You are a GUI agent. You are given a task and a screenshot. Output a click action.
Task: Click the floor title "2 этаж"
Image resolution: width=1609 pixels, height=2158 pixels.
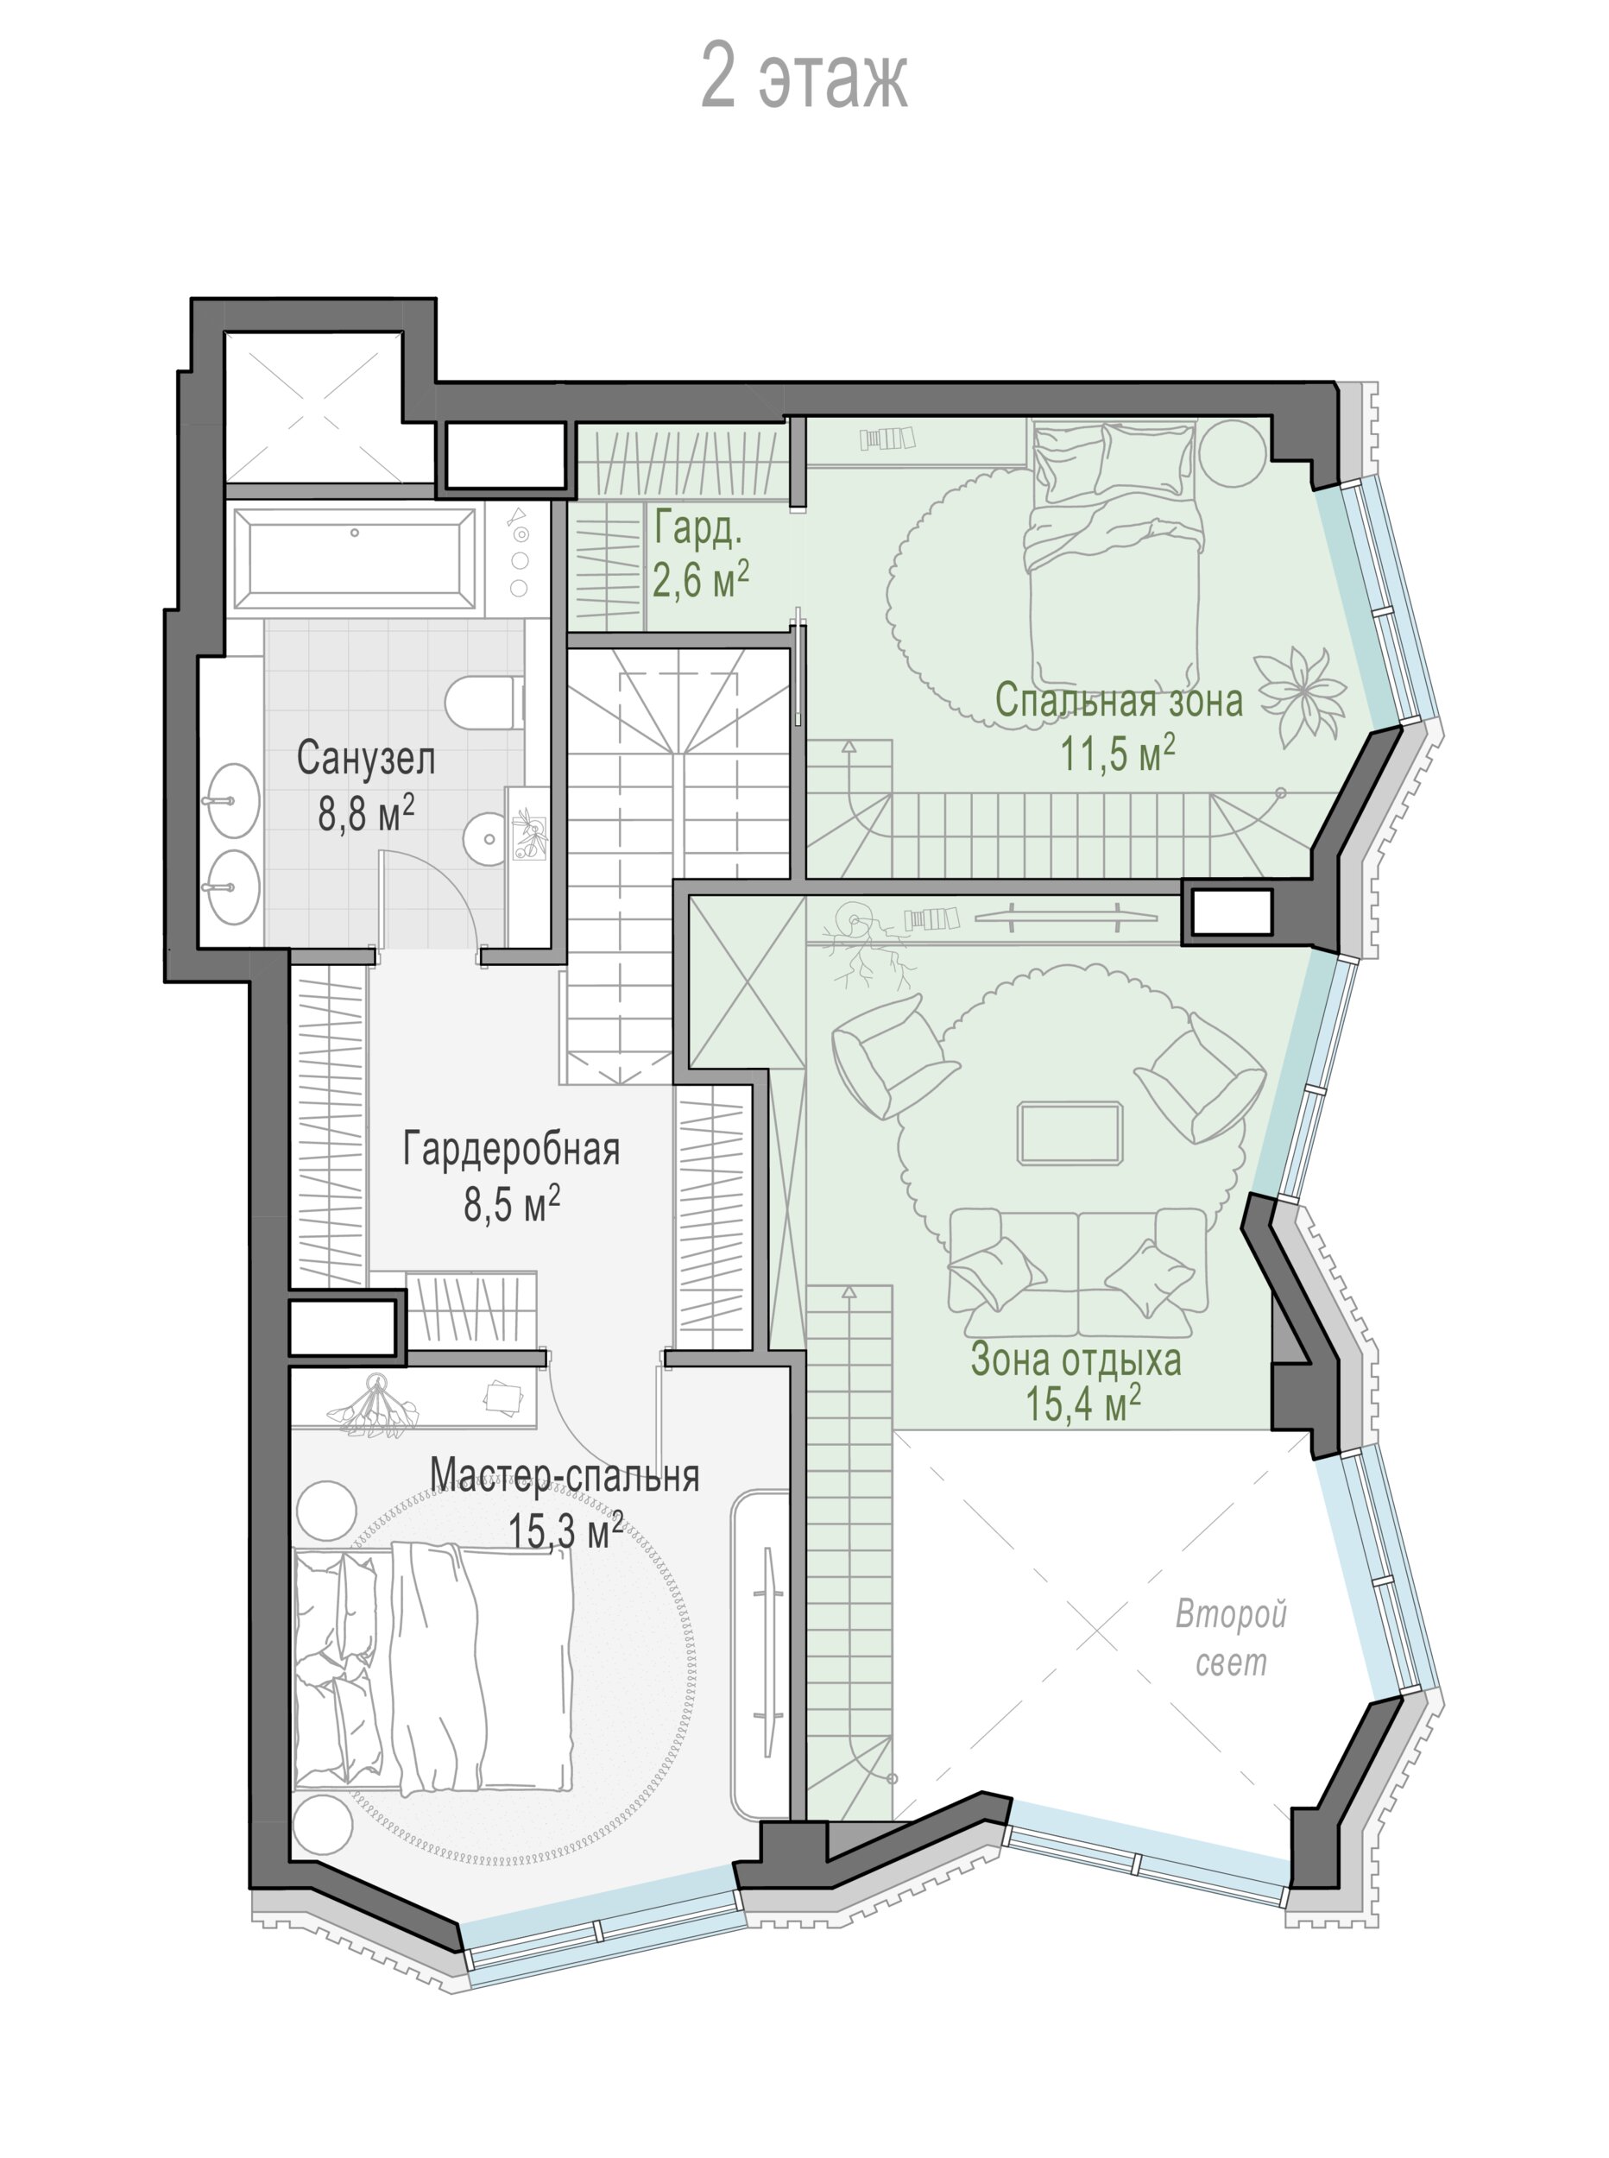click(804, 77)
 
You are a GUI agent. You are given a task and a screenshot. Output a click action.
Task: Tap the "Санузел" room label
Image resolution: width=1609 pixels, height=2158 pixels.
click(365, 759)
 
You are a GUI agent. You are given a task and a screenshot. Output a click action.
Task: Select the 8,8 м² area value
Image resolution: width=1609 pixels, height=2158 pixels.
click(366, 812)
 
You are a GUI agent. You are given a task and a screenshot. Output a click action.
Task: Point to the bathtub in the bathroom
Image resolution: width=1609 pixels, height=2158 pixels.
click(355, 559)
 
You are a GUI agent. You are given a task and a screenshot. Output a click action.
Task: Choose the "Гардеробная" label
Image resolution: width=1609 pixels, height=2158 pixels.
click(511, 1149)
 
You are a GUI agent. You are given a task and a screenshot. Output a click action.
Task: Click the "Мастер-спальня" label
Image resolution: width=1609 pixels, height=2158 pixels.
click(565, 1476)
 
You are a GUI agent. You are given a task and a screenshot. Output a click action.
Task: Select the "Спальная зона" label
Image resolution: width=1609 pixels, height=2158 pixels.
click(1119, 701)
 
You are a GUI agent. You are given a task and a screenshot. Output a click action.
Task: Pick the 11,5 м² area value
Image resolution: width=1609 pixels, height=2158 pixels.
click(1118, 754)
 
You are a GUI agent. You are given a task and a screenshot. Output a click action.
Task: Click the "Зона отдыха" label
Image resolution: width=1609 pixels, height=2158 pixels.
click(1076, 1360)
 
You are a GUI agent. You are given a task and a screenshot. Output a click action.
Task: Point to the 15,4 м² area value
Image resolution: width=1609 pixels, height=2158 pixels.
click(1083, 1404)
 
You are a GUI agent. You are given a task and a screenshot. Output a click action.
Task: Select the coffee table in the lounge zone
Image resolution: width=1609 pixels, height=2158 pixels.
click(1070, 1133)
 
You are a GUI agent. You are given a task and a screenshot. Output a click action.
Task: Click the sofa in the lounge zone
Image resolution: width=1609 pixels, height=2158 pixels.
click(1078, 1271)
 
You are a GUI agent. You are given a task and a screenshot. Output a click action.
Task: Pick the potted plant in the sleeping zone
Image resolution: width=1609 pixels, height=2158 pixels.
click(1299, 696)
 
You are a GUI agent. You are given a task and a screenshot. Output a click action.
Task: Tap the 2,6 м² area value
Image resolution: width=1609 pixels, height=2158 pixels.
click(701, 583)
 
